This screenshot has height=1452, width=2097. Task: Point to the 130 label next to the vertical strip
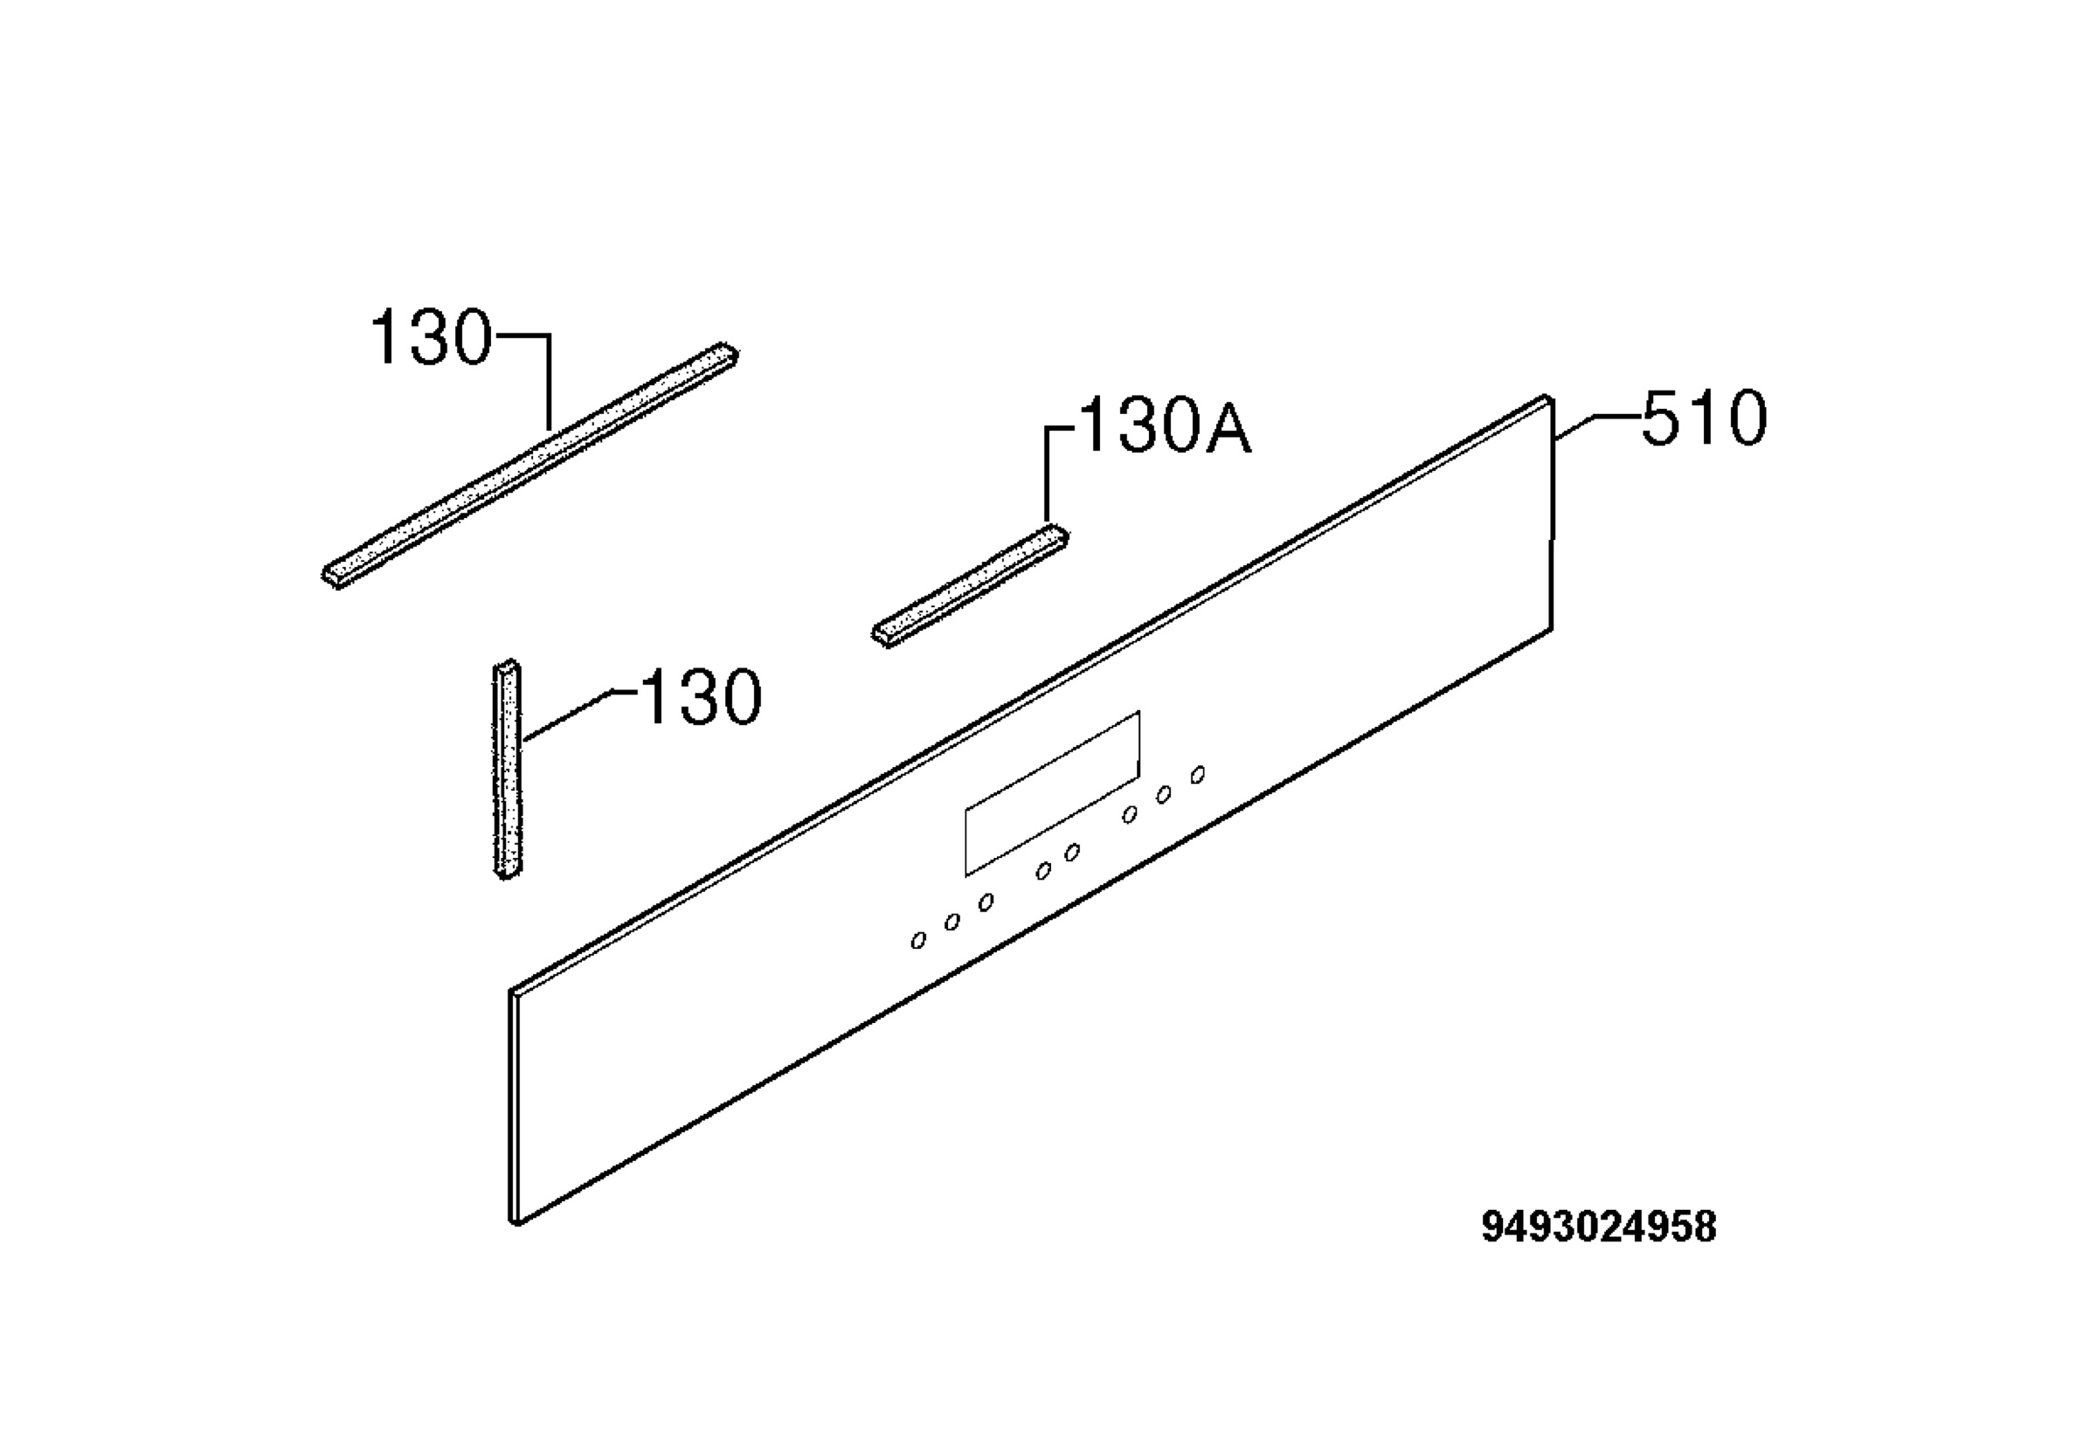point(702,697)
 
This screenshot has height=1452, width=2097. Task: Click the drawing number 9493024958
point(1598,1227)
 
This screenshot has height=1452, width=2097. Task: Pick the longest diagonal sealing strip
point(529,466)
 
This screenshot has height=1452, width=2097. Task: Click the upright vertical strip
point(508,770)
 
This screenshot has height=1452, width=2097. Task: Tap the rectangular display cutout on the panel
point(1052,793)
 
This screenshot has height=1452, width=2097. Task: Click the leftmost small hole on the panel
point(918,941)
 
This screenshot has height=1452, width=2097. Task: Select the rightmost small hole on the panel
point(1198,774)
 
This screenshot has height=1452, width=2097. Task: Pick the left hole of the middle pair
point(1043,872)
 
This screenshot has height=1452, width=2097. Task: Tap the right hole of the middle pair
point(1073,853)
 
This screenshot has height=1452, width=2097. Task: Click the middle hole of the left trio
point(952,922)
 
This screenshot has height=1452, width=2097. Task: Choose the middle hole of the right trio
point(1163,795)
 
